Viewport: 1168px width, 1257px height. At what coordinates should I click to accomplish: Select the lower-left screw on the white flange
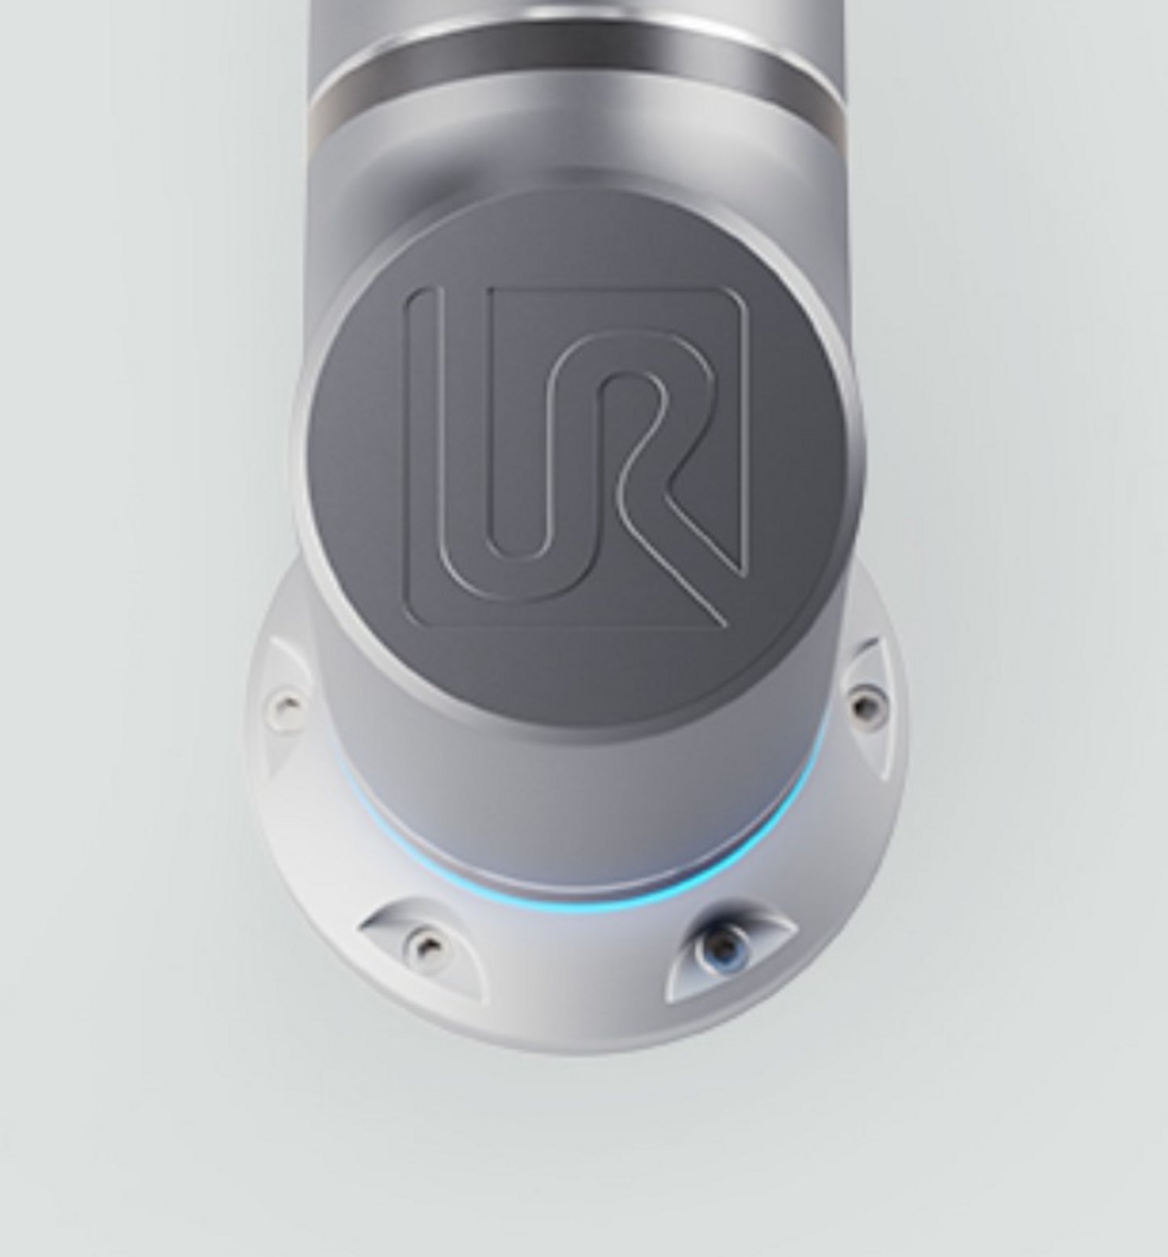click(x=425, y=938)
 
